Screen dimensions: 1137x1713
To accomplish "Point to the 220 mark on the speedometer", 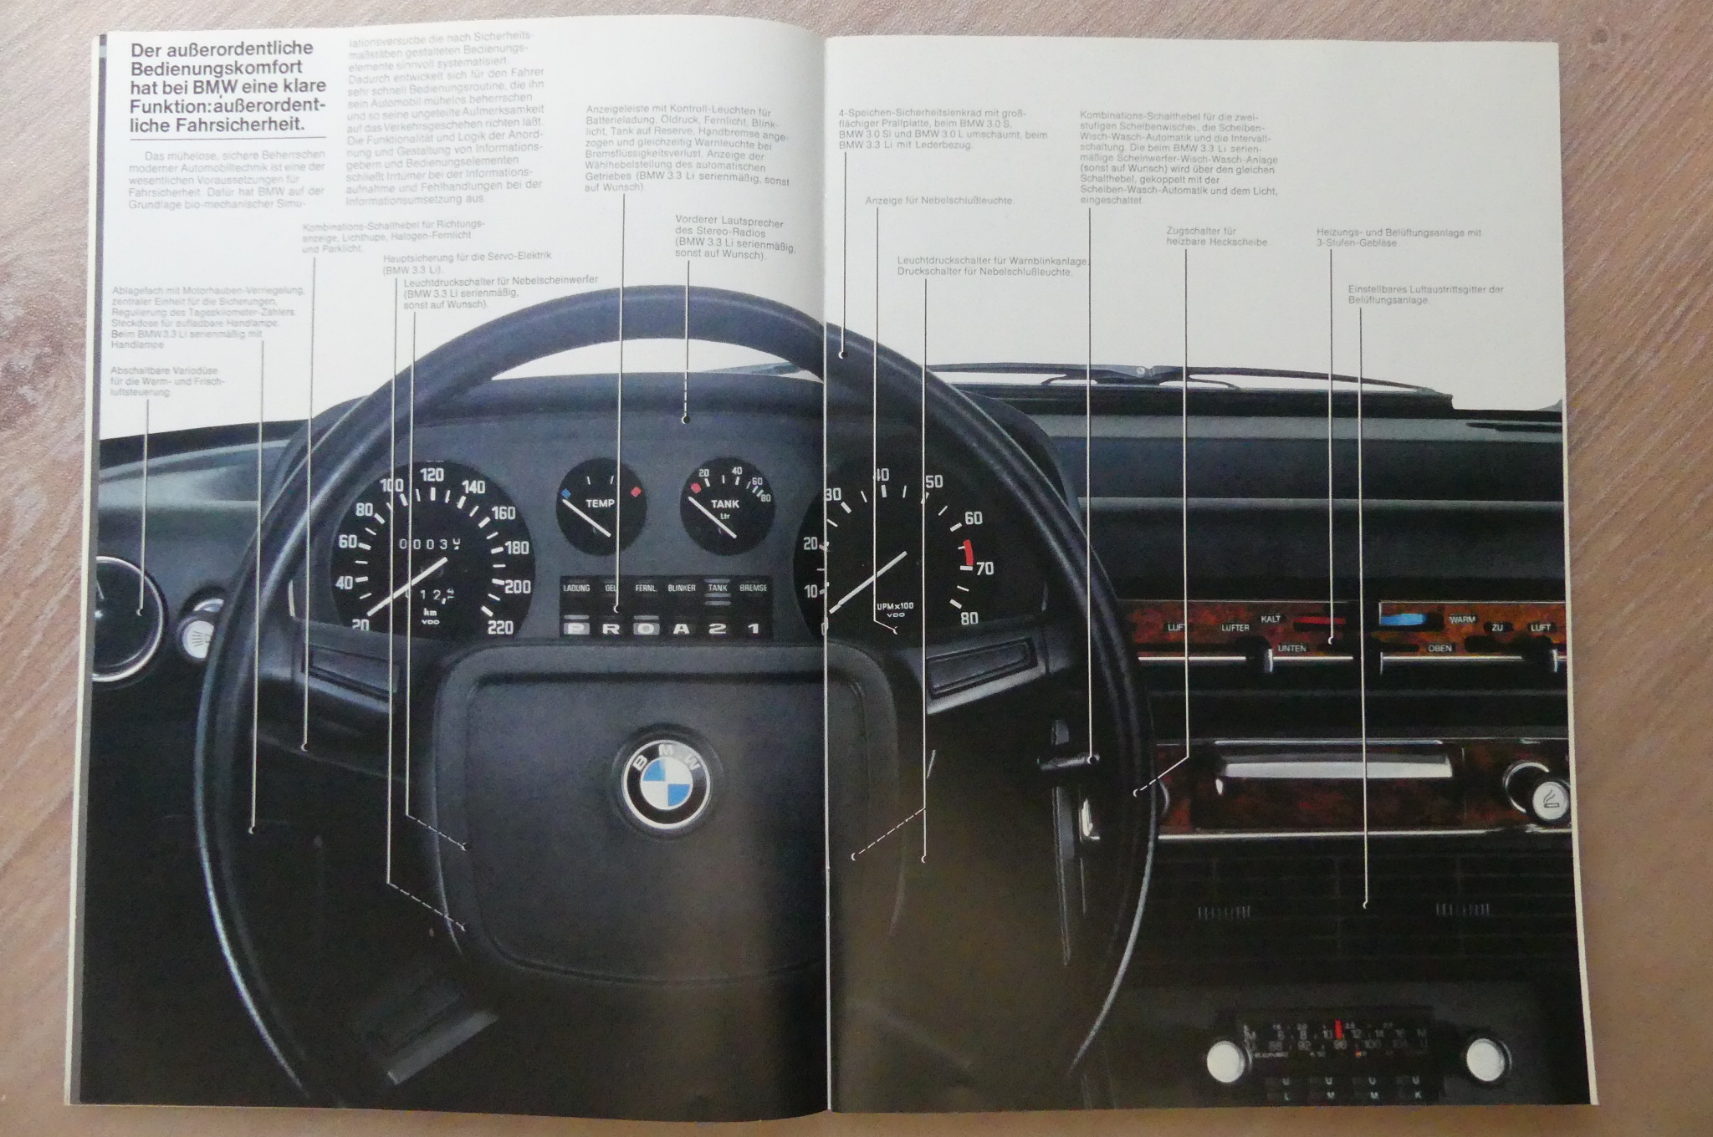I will (x=499, y=626).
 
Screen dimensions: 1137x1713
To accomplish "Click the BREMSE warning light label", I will (x=753, y=588).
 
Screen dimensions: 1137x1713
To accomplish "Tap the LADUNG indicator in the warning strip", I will (x=576, y=588).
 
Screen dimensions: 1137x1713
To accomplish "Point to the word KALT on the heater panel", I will (x=1270, y=619).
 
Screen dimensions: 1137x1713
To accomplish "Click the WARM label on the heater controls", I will (x=1462, y=620).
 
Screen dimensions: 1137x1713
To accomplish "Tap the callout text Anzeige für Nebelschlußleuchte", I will (x=939, y=201).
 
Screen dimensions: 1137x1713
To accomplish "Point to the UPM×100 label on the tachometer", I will (x=895, y=606).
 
